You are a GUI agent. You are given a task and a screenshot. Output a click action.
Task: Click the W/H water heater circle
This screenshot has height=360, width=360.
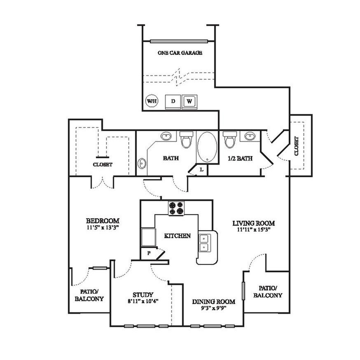click(x=152, y=101)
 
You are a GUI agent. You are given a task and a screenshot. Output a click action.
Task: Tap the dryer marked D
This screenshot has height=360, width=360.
click(x=173, y=102)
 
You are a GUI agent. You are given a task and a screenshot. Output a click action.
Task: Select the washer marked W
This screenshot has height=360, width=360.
click(x=189, y=102)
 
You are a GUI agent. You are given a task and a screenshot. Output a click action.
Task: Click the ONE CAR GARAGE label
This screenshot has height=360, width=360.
click(x=180, y=53)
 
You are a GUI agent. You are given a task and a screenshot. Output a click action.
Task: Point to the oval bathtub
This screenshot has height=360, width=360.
click(x=207, y=147)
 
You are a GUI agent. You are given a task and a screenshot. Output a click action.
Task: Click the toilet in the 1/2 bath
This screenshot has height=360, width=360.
click(x=230, y=140)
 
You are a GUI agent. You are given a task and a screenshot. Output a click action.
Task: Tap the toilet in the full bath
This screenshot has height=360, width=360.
click(x=186, y=140)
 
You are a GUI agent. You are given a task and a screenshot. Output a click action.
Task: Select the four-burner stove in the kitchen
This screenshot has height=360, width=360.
click(x=176, y=208)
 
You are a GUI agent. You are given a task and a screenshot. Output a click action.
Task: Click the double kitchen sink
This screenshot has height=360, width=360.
click(x=204, y=243)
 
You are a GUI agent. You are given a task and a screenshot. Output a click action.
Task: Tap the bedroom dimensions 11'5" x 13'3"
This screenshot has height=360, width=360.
click(x=103, y=228)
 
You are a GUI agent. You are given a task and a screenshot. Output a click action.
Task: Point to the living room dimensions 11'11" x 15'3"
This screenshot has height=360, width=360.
click(x=254, y=229)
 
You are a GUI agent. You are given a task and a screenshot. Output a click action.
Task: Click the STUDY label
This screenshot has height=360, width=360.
click(x=143, y=295)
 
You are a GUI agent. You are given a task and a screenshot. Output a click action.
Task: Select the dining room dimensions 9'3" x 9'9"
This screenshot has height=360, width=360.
click(x=214, y=308)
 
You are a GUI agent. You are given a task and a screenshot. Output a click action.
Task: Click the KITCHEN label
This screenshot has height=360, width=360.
click(x=178, y=236)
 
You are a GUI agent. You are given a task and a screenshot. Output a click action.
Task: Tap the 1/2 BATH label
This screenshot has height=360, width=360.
click(x=240, y=159)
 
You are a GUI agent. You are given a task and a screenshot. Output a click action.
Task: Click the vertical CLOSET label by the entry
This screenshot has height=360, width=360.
click(x=296, y=146)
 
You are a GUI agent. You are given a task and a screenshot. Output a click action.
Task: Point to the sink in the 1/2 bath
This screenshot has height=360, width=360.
click(x=249, y=136)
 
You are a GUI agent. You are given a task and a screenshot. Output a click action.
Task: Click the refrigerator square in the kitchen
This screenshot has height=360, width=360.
click(x=149, y=237)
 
